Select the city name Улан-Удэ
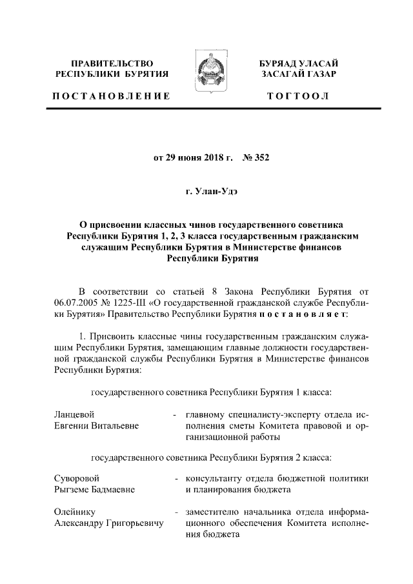(213, 191)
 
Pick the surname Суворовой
(77, 478)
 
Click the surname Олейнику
(75, 512)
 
